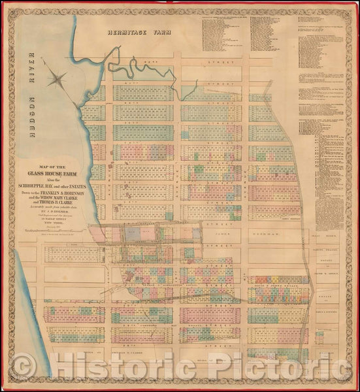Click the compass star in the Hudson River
(x=57, y=80)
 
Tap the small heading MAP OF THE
(x=50, y=166)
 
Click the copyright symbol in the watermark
(x=25, y=367)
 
